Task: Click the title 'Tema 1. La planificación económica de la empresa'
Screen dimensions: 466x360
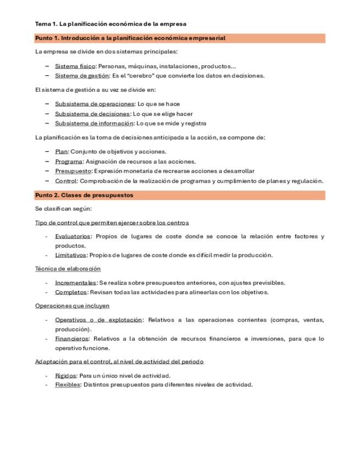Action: (110, 24)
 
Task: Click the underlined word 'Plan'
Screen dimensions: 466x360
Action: (61, 151)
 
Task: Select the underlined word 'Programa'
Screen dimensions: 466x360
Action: (68, 161)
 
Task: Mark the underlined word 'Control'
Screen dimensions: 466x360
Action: (65, 181)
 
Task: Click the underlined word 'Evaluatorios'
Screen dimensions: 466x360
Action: (73, 236)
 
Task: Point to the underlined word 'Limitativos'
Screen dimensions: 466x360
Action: (70, 255)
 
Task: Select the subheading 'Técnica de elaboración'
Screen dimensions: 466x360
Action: (68, 269)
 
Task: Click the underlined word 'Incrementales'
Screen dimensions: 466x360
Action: (75, 282)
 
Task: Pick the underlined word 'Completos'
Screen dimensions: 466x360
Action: (70, 292)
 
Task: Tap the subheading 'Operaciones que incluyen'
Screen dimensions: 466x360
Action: (72, 306)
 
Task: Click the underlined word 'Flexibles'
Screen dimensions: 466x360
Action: (68, 385)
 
